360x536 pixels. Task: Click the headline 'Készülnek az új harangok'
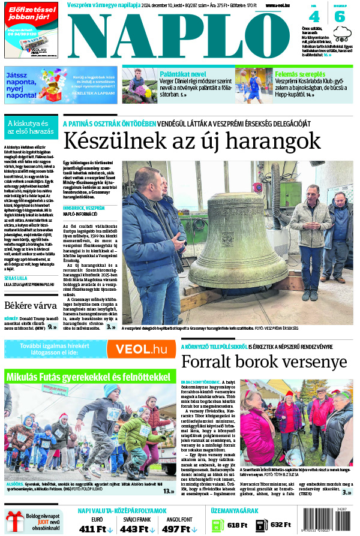pyautogui.click(x=192, y=141)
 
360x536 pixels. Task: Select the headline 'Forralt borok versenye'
pyautogui.click(x=264, y=362)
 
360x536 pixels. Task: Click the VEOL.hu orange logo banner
pyautogui.click(x=142, y=349)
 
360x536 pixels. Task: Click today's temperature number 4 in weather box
pyautogui.click(x=315, y=16)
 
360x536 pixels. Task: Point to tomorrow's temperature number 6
pyautogui.click(x=340, y=16)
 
